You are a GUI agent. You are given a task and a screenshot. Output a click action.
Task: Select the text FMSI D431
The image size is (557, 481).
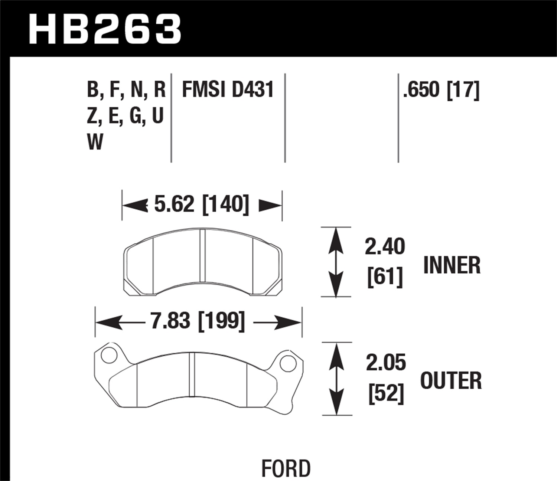(228, 89)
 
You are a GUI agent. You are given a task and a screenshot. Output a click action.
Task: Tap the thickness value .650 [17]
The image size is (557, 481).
(441, 90)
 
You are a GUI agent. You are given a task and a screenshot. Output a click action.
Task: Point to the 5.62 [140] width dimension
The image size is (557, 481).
(201, 204)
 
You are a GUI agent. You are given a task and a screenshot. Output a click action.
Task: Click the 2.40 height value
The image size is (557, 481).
(385, 247)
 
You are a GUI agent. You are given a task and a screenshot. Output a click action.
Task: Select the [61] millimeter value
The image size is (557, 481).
(385, 277)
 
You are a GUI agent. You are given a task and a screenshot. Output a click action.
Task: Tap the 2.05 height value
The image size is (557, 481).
(385, 363)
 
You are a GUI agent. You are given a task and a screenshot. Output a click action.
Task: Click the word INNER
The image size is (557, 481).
(452, 265)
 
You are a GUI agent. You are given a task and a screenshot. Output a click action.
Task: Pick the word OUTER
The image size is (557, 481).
(451, 381)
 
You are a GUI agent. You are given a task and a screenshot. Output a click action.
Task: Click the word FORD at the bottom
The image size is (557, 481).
(286, 468)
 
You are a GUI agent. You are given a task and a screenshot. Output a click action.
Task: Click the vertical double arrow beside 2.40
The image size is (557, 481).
(336, 262)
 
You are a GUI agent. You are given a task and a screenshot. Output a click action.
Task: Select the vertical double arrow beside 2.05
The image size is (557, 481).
(336, 379)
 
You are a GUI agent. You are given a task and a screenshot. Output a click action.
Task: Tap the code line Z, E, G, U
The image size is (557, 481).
(125, 116)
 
